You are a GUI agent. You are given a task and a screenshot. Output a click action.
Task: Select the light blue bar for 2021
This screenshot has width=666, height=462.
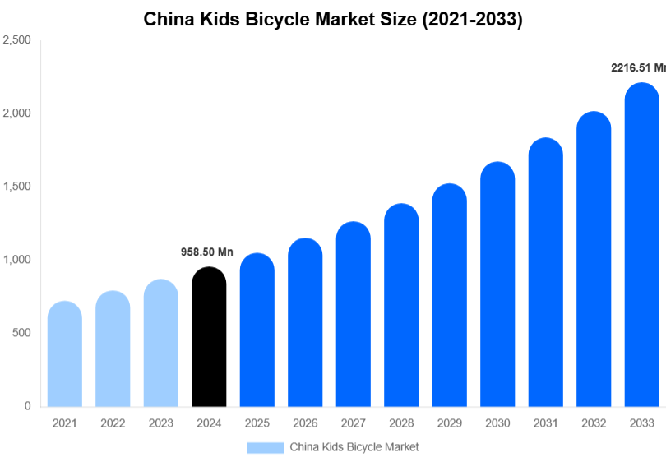pos(64,354)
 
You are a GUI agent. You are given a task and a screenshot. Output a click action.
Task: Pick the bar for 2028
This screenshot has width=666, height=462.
pos(401,305)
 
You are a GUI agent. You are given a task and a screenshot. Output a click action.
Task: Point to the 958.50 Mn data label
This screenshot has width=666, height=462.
pos(207,252)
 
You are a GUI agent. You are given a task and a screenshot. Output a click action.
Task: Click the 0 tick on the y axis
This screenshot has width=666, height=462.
pos(27,406)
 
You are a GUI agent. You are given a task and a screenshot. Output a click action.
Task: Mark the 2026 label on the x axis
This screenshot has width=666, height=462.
pos(305,423)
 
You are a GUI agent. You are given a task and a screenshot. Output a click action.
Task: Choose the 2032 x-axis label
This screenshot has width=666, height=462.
pos(594,423)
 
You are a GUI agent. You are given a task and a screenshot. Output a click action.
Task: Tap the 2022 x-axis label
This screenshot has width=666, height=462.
pos(113,423)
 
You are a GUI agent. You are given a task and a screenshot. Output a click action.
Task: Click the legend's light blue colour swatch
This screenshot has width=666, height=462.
pos(265,447)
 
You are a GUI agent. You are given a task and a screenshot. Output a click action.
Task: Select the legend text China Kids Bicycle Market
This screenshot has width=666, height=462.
pos(354,447)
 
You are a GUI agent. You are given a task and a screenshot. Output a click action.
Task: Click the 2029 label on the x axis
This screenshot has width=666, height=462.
pos(449,423)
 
